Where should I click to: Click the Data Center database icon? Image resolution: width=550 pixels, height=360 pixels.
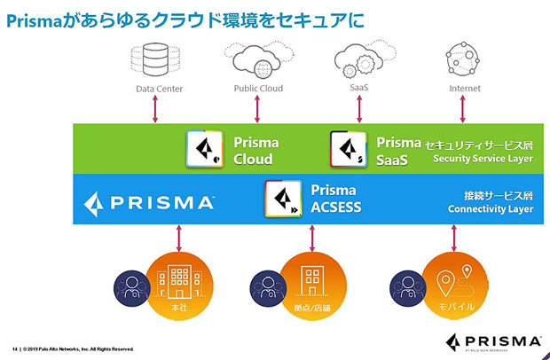pyautogui.click(x=156, y=59)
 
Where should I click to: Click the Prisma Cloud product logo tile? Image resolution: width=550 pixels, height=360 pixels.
pyautogui.click(x=205, y=148)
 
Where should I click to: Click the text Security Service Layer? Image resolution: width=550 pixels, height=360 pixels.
pyautogui.click(x=483, y=159)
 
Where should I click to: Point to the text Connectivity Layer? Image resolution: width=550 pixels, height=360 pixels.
pyautogui.click(x=490, y=209)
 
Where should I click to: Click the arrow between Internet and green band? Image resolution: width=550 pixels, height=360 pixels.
pyautogui.click(x=462, y=108)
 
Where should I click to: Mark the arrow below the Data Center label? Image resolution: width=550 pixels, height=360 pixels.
pyautogui.click(x=157, y=108)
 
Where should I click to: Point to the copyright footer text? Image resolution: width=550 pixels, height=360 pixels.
pyautogui.click(x=75, y=348)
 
